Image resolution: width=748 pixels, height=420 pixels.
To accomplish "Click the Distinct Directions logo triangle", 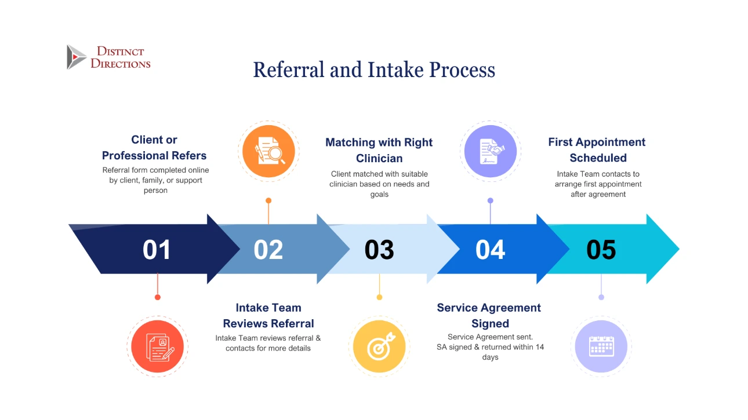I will [x=76, y=57].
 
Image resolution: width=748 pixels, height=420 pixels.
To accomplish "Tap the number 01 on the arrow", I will [x=157, y=250].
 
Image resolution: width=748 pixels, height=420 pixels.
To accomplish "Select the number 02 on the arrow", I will [x=268, y=250].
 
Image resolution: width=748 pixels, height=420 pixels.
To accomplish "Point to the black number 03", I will [x=379, y=250].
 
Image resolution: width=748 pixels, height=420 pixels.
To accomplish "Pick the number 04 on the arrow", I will [x=491, y=250].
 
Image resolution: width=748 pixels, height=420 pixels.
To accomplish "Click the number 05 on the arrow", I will [x=601, y=250].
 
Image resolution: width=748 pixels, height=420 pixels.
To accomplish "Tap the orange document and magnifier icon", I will [x=268, y=151].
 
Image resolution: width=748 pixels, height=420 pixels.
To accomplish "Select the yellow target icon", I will [x=380, y=346].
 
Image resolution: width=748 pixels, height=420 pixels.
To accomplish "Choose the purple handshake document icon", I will [x=491, y=151].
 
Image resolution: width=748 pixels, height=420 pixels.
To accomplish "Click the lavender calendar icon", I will [x=601, y=346].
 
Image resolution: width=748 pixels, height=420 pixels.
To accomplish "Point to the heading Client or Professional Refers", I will [x=154, y=148].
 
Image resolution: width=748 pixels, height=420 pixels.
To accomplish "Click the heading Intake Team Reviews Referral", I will [x=268, y=316].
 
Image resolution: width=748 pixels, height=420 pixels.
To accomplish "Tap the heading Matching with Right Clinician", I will [x=379, y=150].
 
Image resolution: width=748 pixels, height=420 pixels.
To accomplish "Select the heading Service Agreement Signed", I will [x=489, y=316].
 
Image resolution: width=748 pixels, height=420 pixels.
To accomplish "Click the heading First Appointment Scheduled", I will [x=597, y=150].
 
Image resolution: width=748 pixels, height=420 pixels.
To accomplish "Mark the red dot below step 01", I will [x=157, y=297].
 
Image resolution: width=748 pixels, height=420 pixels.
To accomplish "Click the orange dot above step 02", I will [x=268, y=200].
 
